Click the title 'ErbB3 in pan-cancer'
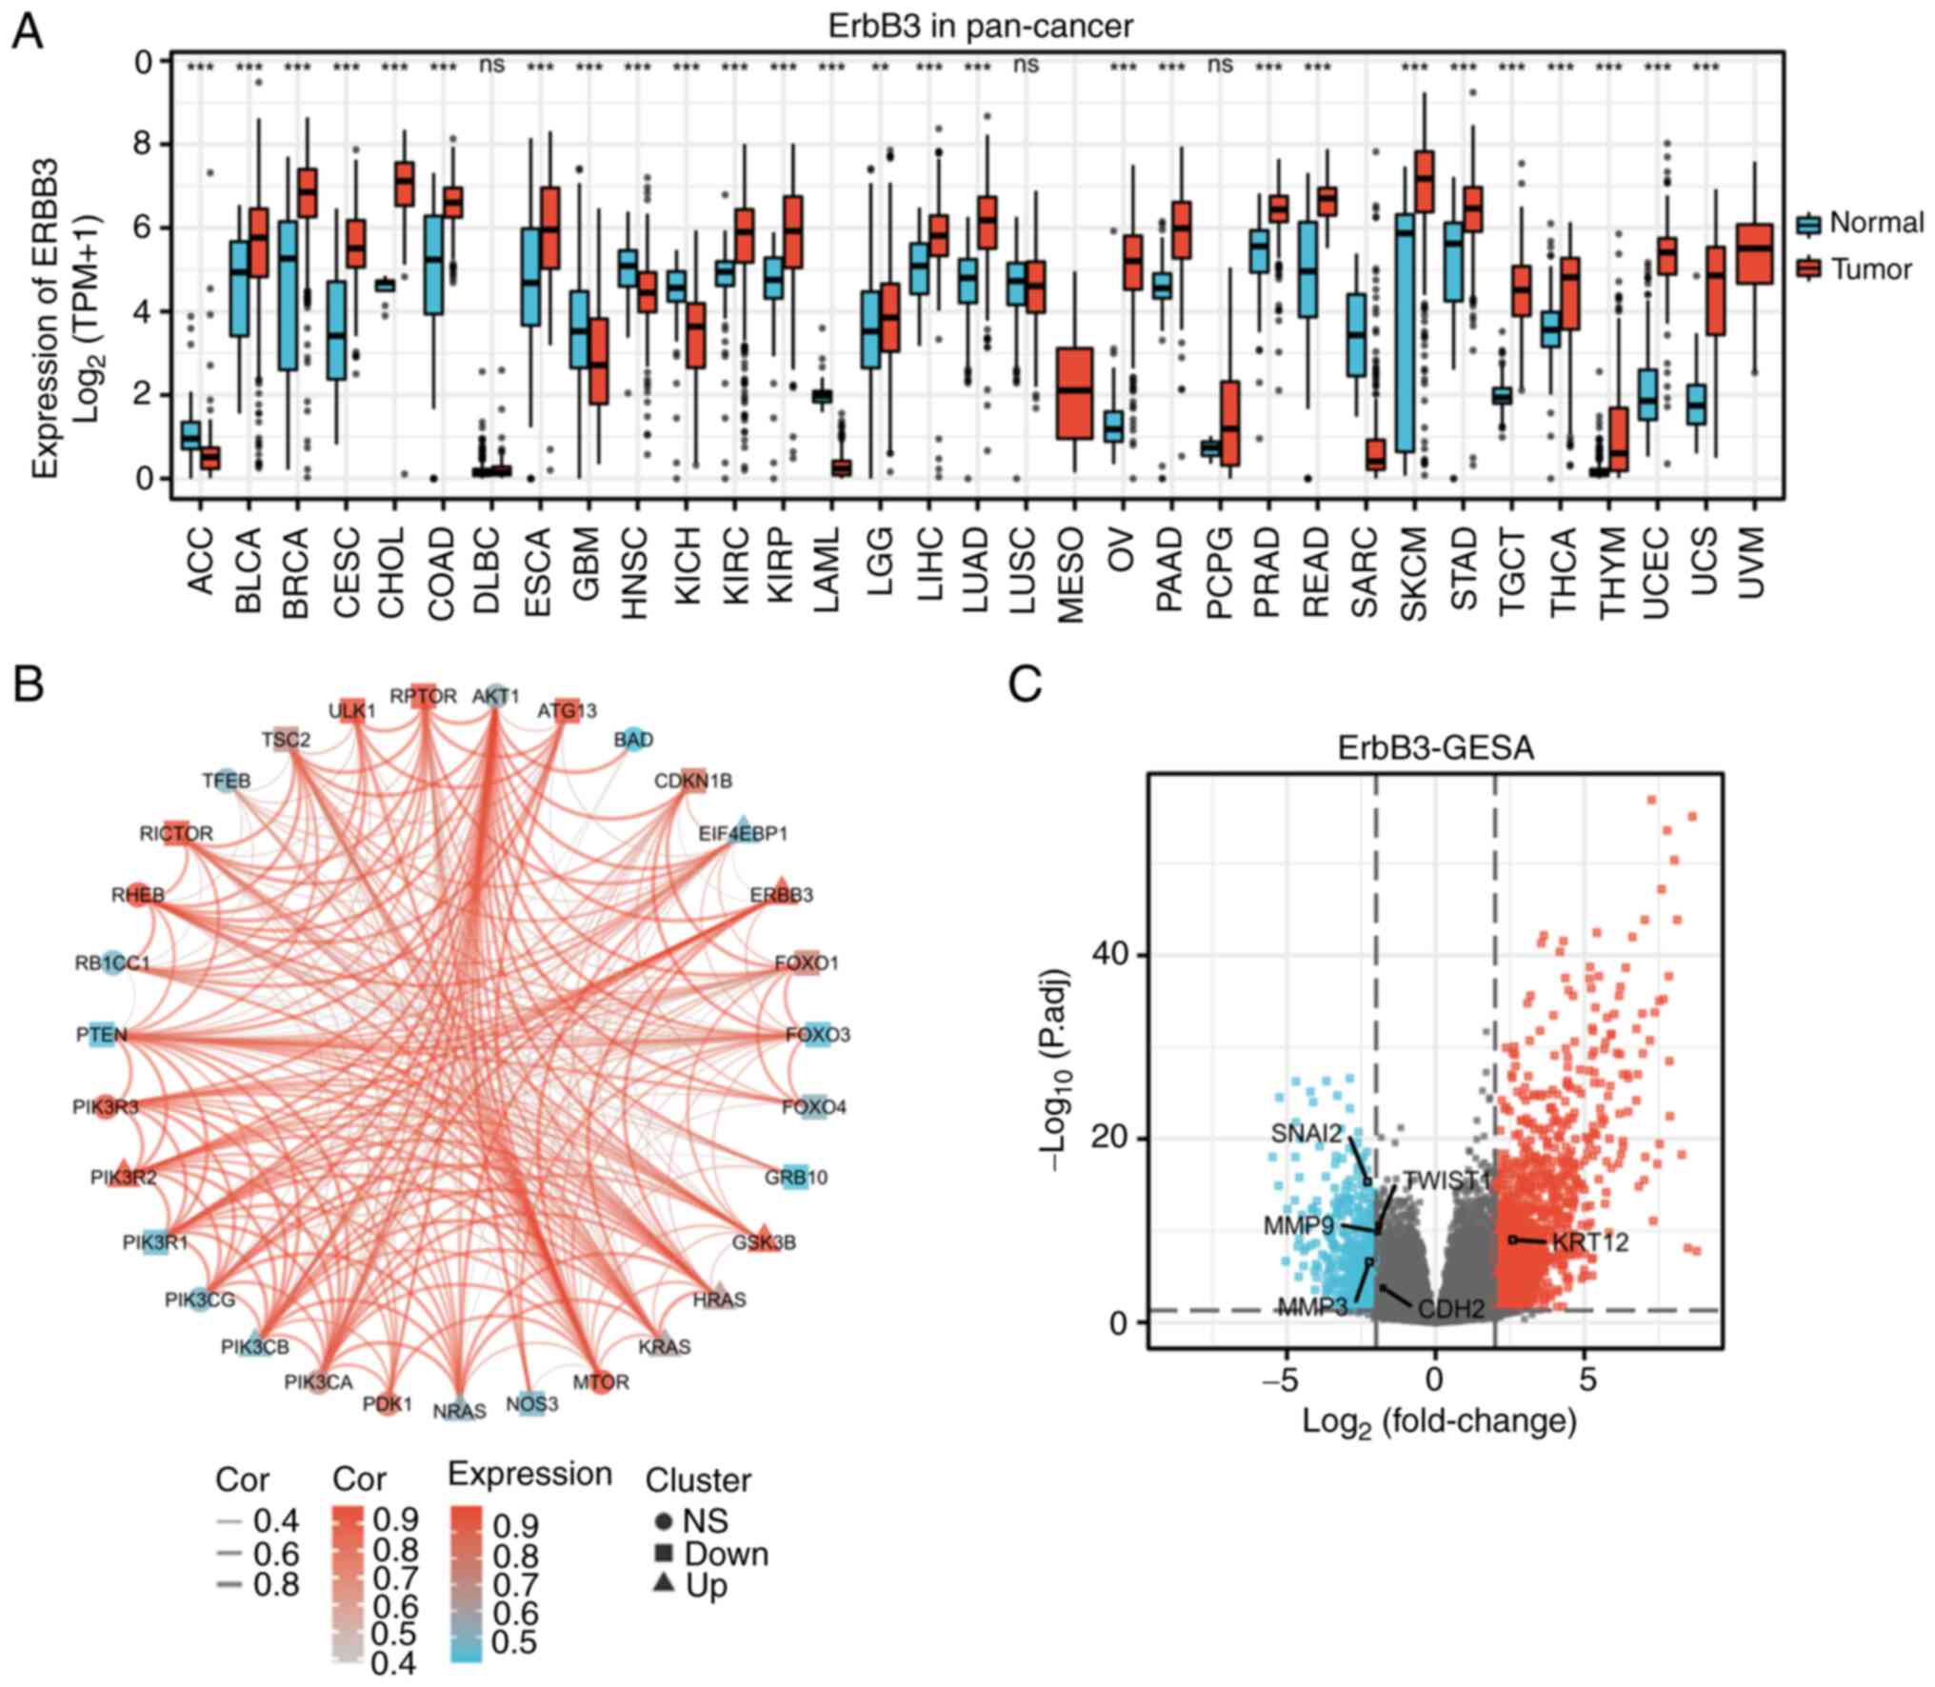click(x=980, y=26)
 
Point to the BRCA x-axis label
click(x=297, y=561)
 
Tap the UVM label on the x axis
click(x=1753, y=563)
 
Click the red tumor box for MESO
click(x=1073, y=392)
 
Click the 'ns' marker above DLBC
click(x=491, y=65)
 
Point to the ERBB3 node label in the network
click(x=781, y=895)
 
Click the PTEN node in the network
click(x=102, y=1035)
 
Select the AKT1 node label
click(x=496, y=696)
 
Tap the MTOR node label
click(x=601, y=1380)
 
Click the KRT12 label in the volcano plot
click(x=1589, y=1242)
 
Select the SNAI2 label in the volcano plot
click(x=1306, y=1134)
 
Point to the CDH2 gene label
click(x=1450, y=1309)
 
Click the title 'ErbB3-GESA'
click(x=1436, y=748)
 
